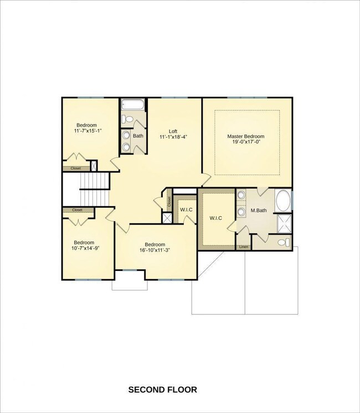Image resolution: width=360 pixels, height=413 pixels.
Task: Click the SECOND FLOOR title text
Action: click(x=162, y=390)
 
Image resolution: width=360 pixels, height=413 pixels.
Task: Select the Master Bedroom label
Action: click(x=246, y=136)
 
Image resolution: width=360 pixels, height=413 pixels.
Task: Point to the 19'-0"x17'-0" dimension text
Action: click(x=246, y=142)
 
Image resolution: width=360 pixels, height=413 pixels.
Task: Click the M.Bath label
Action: click(x=259, y=210)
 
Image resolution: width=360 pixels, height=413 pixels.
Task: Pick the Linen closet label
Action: click(x=243, y=247)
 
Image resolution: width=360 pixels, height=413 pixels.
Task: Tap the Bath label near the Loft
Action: click(x=138, y=136)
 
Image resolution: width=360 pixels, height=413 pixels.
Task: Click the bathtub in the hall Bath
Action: click(x=133, y=104)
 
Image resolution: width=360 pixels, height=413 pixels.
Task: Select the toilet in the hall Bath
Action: click(x=127, y=119)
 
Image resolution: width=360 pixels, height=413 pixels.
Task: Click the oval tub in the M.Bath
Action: click(x=282, y=201)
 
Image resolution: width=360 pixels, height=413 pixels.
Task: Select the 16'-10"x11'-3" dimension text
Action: click(x=155, y=251)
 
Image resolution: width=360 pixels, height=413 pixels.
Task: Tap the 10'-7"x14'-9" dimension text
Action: click(x=85, y=248)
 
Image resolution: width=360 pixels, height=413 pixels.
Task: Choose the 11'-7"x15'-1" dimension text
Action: click(x=89, y=131)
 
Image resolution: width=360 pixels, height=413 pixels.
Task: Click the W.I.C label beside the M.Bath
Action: click(x=215, y=218)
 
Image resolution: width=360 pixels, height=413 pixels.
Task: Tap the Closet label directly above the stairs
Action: click(x=76, y=168)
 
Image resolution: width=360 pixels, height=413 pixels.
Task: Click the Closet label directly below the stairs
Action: click(x=77, y=210)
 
